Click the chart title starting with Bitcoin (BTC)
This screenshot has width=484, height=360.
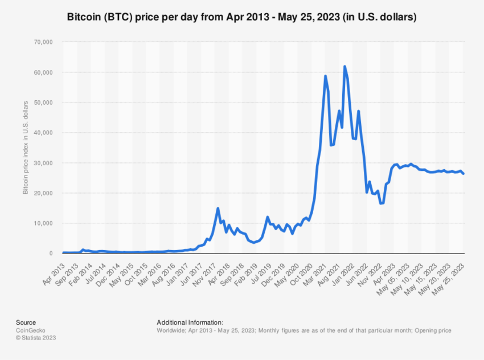[242, 17]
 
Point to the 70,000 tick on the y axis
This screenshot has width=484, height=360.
[43, 42]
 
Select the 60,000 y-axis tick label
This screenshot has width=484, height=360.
[43, 72]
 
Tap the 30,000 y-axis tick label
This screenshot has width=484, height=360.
[43, 163]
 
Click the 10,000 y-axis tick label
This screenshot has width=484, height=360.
[43, 223]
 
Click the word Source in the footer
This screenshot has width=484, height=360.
[26, 322]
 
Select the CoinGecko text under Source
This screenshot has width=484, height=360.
[31, 330]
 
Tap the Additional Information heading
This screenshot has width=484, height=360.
[190, 322]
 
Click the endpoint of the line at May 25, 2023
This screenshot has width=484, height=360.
[464, 174]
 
